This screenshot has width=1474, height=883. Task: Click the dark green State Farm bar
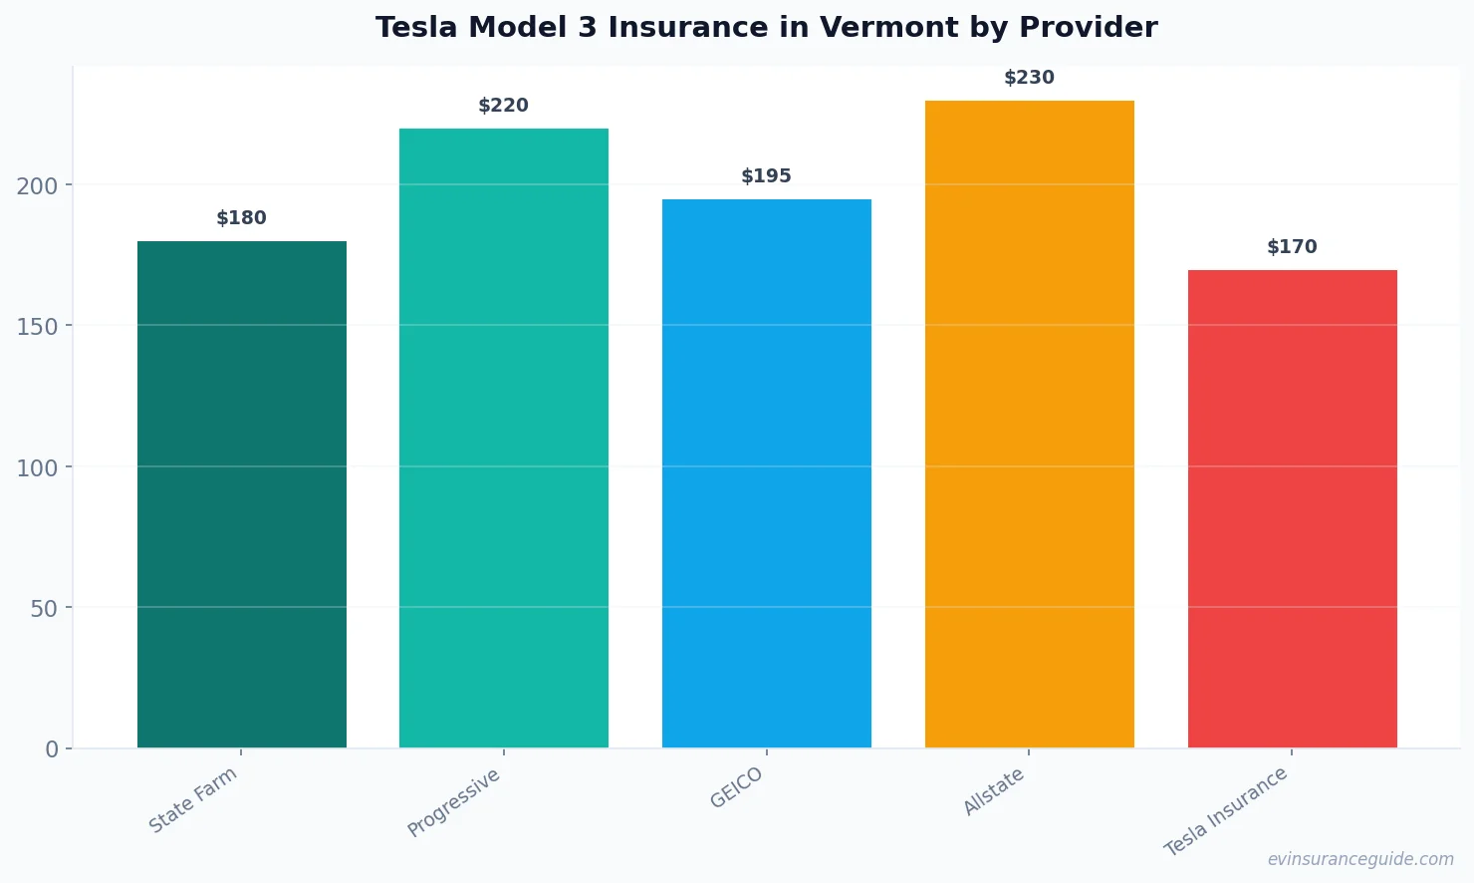coord(242,494)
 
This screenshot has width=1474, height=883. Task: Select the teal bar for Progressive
coord(504,439)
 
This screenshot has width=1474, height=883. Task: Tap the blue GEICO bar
coord(767,473)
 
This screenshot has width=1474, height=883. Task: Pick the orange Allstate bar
coord(1029,424)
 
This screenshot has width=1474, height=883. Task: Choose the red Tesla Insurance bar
coord(1292,508)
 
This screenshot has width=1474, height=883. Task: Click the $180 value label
coord(242,218)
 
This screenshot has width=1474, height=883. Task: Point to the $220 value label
coord(504,106)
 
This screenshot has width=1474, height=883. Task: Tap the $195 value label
coord(767,176)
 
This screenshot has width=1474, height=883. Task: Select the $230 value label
coord(1029,78)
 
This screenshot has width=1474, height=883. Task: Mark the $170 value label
coord(1292,247)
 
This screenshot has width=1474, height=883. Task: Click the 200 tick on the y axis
coord(37,186)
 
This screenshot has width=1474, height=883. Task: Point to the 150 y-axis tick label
coord(37,327)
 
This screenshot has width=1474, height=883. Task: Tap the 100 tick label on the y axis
coord(37,467)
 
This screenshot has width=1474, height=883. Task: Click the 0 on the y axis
coord(52,749)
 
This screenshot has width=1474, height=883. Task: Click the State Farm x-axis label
coord(193,800)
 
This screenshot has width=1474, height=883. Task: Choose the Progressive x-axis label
coord(454,803)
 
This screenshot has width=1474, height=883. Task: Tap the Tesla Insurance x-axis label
coord(1226,811)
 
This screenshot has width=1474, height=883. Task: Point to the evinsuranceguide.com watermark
coord(1360,859)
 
